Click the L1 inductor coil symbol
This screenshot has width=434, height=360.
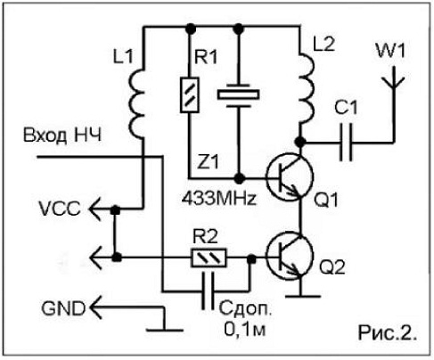137,104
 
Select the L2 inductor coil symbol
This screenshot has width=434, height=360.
307,88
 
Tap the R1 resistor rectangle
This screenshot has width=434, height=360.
190,94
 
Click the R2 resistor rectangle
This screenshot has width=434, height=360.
209,258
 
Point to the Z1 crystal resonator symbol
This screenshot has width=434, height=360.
239,94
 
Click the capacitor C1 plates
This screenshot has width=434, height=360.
346,142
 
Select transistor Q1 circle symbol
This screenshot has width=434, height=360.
290,176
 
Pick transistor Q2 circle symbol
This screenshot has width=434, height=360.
290,256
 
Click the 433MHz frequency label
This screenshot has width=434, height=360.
219,198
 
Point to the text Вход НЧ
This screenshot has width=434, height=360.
62,135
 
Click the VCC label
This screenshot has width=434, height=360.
60,209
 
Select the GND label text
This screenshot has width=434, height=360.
63,308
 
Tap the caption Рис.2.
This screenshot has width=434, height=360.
387,332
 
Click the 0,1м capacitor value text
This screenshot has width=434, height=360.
245,329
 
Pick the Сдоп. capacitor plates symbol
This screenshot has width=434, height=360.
208,291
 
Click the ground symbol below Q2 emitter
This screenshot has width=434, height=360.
303,296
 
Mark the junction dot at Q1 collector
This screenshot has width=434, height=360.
300,142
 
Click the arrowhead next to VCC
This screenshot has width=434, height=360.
95,209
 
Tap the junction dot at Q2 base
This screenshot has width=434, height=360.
251,259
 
